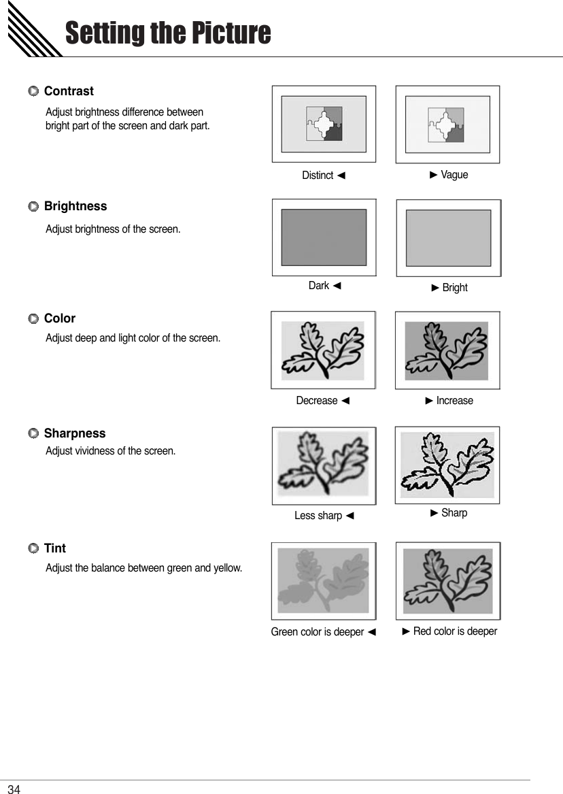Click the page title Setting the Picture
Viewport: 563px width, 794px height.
[x=167, y=33]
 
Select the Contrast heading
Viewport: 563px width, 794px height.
[x=69, y=91]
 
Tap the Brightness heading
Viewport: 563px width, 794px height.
[x=75, y=206]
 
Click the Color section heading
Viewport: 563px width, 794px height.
[x=60, y=318]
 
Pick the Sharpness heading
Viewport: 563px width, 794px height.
[x=75, y=433]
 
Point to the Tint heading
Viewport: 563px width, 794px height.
[x=55, y=548]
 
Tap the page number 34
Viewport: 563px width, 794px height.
[x=14, y=789]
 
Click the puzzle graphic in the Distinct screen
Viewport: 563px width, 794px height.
[x=324, y=124]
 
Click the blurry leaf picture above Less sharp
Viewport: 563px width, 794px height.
[x=324, y=466]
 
